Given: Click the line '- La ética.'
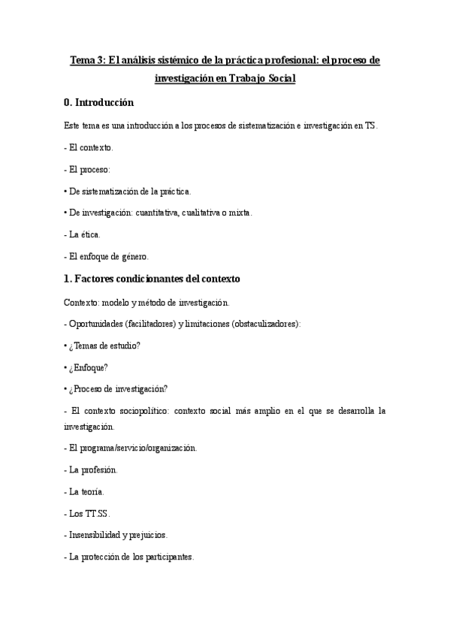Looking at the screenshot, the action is coord(83,234).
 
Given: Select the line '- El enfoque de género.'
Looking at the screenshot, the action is coord(106,256).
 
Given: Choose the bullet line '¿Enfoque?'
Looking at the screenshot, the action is coord(89,367).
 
